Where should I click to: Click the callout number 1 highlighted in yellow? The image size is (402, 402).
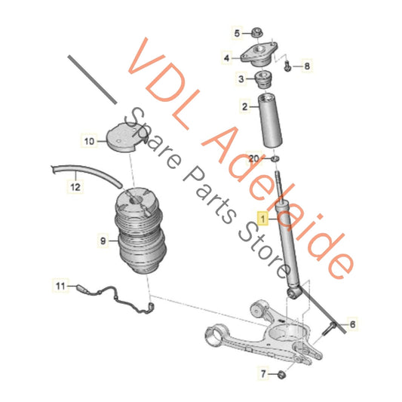click(263, 218)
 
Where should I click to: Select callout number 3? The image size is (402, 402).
click(241, 78)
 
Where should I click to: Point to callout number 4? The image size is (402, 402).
click(226, 57)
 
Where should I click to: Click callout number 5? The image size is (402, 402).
click(235, 33)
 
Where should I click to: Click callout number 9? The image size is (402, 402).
click(103, 242)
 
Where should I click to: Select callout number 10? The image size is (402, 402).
click(89, 140)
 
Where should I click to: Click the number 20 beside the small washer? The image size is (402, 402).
click(254, 157)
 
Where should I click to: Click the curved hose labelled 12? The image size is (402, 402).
click(83, 170)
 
